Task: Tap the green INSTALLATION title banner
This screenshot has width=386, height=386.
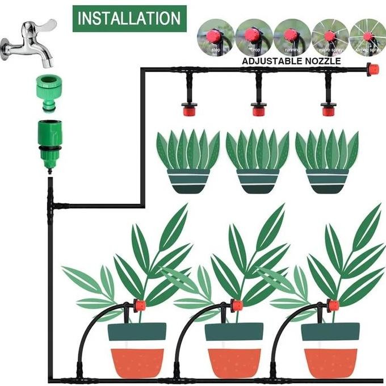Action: tap(129, 18)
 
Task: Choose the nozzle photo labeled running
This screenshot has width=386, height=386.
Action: tap(290, 37)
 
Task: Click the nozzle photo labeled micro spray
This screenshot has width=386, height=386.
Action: tap(329, 37)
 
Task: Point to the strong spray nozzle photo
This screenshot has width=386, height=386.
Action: tap(367, 37)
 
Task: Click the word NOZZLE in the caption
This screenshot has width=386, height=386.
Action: tap(322, 61)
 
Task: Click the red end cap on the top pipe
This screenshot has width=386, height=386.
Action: tap(372, 69)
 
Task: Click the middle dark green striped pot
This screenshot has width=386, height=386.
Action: tap(257, 181)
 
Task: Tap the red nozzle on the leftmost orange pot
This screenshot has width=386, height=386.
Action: tap(139, 306)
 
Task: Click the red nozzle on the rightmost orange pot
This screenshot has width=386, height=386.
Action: tap(333, 306)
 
